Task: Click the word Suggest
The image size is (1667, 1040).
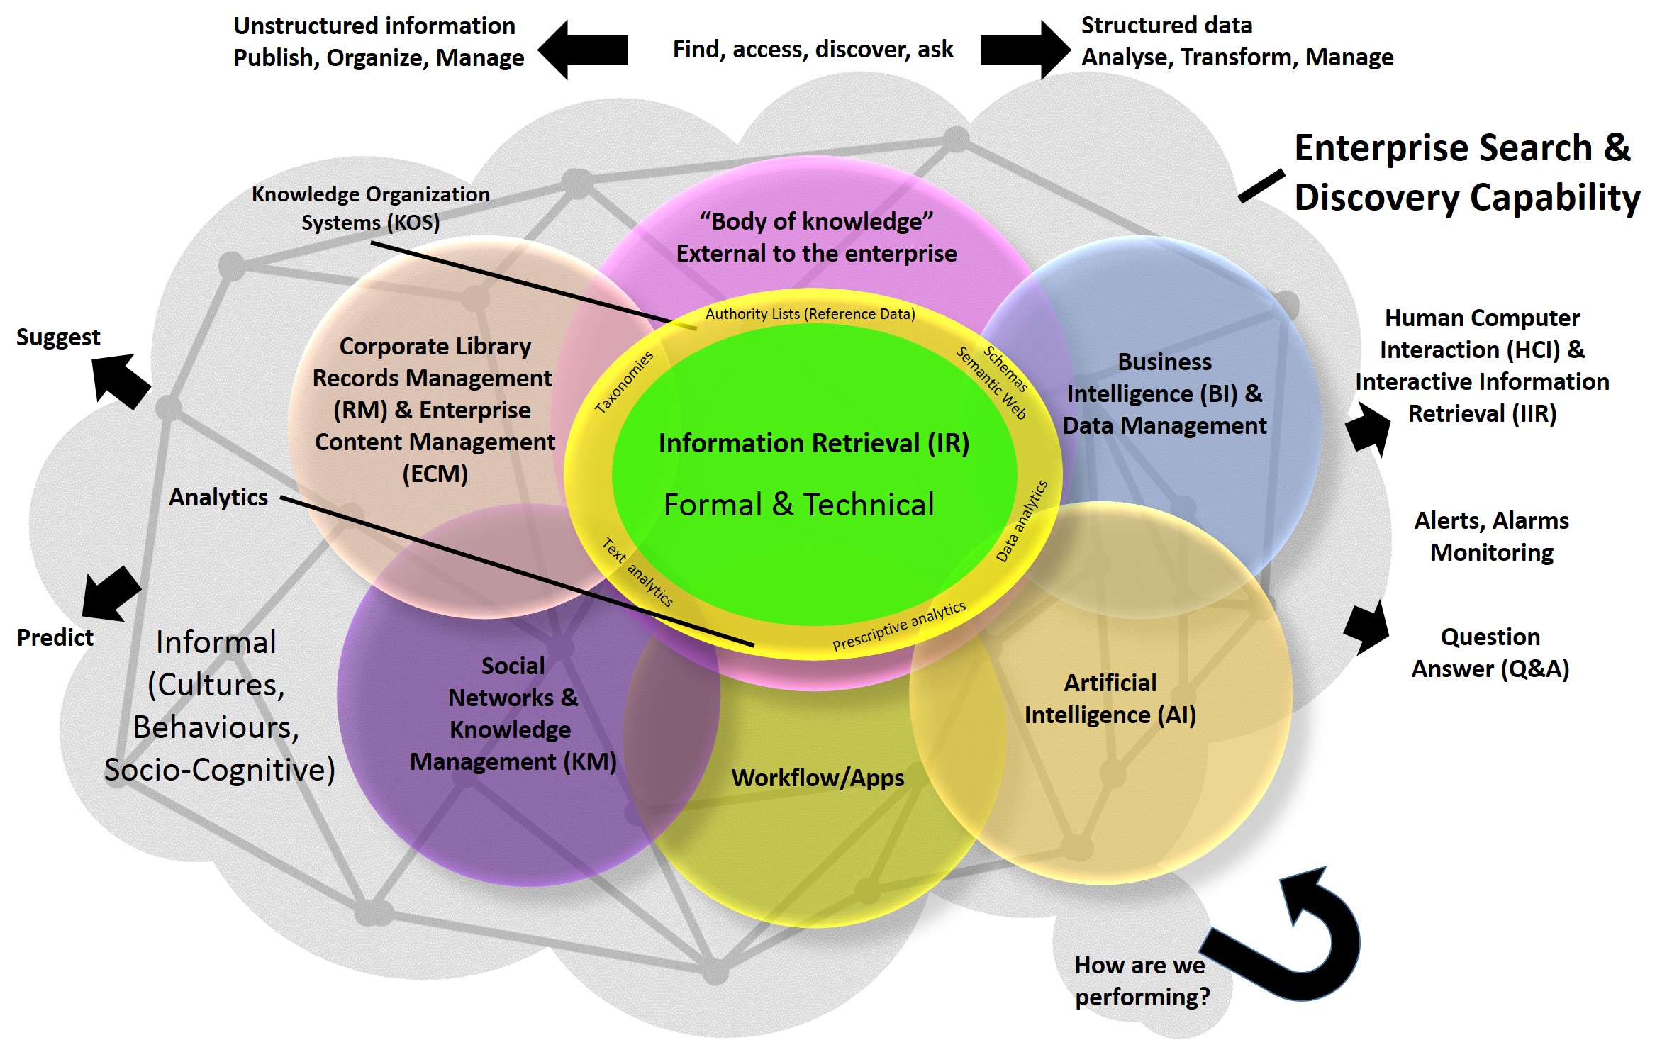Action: point(58,337)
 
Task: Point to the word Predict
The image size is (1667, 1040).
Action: point(55,638)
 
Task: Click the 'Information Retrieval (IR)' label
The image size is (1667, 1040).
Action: point(813,444)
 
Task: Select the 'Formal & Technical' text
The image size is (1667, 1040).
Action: point(798,505)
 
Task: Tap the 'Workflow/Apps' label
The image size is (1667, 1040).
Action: point(818,778)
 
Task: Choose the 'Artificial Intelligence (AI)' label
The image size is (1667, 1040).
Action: point(1110,699)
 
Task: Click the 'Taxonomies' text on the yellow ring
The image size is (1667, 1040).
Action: point(624,383)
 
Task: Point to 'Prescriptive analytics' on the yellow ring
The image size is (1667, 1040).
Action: point(898,626)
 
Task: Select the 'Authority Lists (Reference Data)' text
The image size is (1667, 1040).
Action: point(810,314)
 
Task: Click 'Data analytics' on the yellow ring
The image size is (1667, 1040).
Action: point(1022,521)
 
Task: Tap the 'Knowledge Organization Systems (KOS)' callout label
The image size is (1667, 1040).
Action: point(370,208)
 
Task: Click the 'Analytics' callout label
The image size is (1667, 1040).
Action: point(218,498)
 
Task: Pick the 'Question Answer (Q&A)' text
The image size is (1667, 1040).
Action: point(1490,653)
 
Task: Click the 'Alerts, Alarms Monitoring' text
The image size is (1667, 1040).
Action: point(1491,537)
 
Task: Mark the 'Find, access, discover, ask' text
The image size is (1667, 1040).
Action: point(813,50)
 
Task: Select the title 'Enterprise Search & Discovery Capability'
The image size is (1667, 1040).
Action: point(1466,172)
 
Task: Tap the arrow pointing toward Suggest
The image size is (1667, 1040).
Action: point(121,381)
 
